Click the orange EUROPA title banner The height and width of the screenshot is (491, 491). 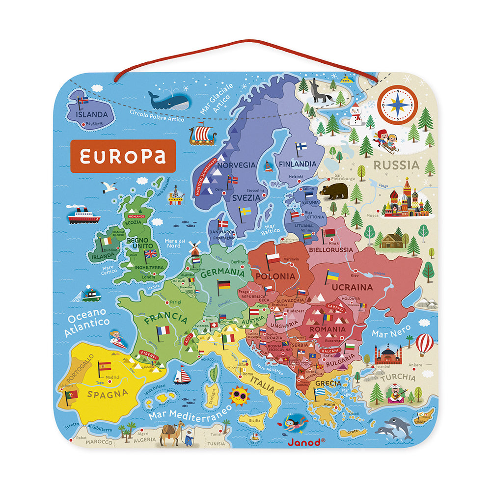[123, 156]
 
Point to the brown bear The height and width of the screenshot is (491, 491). [334, 191]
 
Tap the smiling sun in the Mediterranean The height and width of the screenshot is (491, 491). [239, 395]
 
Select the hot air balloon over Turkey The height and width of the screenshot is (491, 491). [424, 344]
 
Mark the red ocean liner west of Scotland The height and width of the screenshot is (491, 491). [83, 215]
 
